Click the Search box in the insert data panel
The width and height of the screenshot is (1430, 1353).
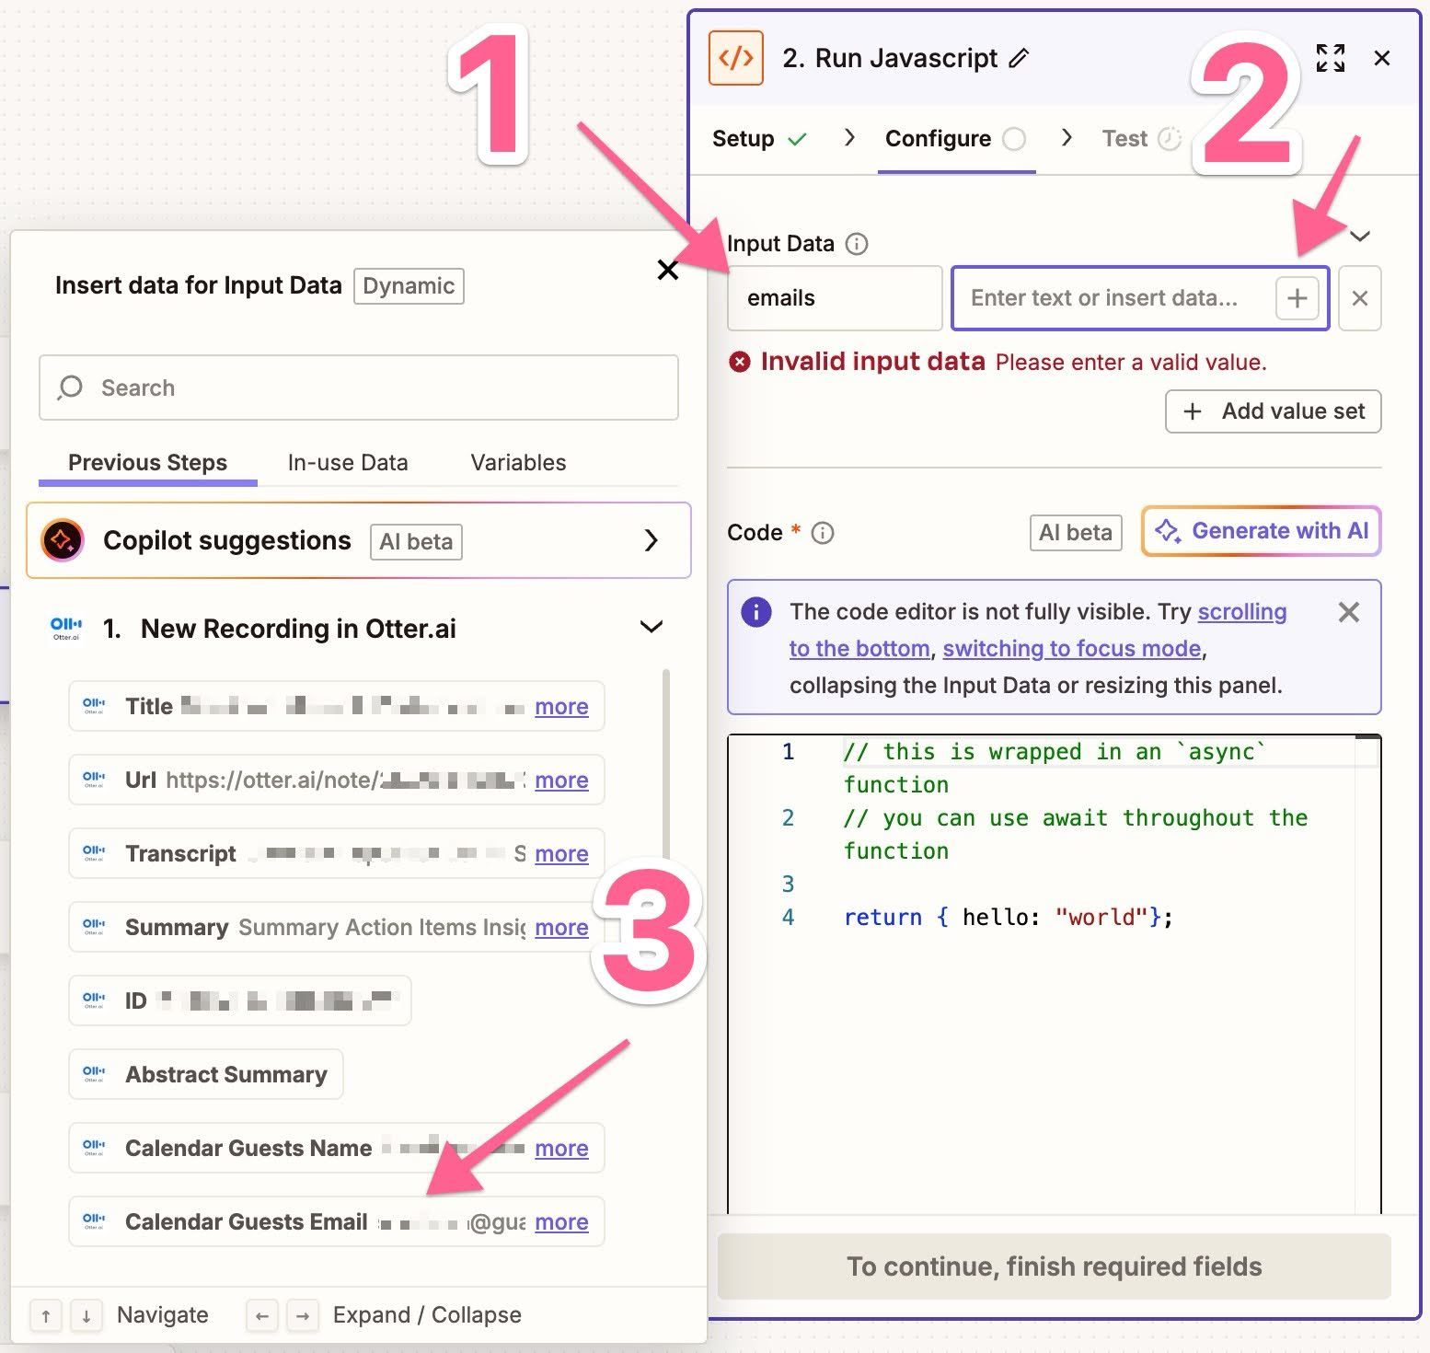pos(359,387)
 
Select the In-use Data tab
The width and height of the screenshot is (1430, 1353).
pos(347,462)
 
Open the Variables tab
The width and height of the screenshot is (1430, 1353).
pos(518,462)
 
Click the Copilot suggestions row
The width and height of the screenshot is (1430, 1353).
pos(359,540)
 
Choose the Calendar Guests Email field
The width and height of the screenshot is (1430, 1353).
pos(246,1221)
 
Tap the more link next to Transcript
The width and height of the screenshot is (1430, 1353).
pos(561,853)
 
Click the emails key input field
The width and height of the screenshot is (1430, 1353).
pos(834,298)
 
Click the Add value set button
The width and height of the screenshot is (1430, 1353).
pos(1273,411)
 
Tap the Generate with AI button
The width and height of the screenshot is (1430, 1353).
pos(1262,531)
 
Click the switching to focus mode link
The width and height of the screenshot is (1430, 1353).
pos(1072,648)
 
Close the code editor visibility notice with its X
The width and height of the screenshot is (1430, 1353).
pos(1348,612)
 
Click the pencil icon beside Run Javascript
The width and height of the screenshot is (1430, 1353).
pos(1018,58)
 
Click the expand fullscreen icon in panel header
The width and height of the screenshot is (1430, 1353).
pos(1330,58)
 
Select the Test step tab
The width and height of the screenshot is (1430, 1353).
pos(1124,138)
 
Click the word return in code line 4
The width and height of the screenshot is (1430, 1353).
pos(882,917)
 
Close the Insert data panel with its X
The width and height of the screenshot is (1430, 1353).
pos(668,270)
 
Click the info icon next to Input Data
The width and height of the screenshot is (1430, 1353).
pos(857,244)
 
